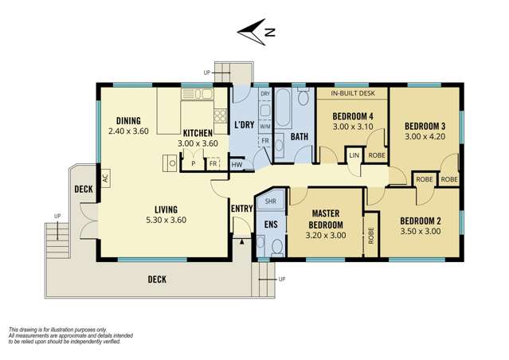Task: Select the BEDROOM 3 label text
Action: click(425, 126)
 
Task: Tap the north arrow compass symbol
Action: click(256, 33)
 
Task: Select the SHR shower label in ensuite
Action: click(270, 202)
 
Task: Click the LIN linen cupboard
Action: click(354, 155)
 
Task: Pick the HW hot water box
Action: click(237, 165)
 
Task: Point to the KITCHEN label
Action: click(196, 133)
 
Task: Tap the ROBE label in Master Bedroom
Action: click(370, 237)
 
